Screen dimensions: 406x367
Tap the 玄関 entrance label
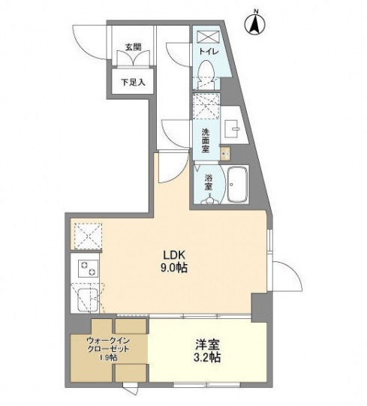(133, 47)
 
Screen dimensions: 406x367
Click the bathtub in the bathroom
(239, 184)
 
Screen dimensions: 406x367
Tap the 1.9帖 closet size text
(110, 358)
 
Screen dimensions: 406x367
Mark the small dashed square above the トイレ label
(205, 36)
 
